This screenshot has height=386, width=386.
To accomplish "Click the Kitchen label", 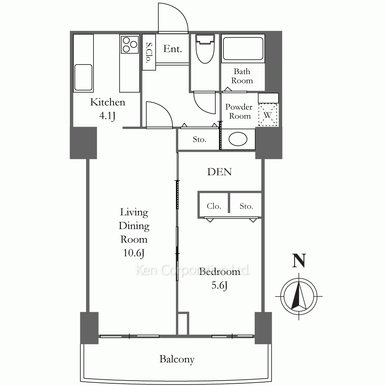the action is (108, 102).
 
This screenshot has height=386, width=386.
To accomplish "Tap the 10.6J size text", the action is (134, 253).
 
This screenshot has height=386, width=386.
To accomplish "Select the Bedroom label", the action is (220, 271).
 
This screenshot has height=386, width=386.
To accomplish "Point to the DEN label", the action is (219, 172).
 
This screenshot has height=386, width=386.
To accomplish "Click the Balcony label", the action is (177, 359).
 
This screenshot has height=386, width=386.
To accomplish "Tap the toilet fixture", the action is (205, 49).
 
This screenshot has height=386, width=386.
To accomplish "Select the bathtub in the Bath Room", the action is (243, 49).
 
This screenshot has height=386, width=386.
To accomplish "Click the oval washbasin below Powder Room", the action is (238, 139).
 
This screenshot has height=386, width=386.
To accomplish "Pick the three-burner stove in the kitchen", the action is (130, 44).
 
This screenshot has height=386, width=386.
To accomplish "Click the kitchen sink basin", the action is (83, 77).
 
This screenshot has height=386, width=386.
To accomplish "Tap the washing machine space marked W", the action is (268, 115).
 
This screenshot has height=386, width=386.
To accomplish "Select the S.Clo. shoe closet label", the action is (149, 52).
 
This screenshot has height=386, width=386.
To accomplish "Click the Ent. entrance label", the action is (173, 49).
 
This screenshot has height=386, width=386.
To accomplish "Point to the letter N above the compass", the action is (299, 261).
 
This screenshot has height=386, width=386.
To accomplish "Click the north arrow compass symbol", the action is (299, 296).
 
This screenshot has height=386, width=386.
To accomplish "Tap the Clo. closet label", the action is (214, 206).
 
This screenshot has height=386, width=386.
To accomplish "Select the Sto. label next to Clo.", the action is (246, 206).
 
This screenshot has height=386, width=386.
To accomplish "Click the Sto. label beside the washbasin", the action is (200, 139).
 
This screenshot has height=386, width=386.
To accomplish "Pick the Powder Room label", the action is (239, 111).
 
